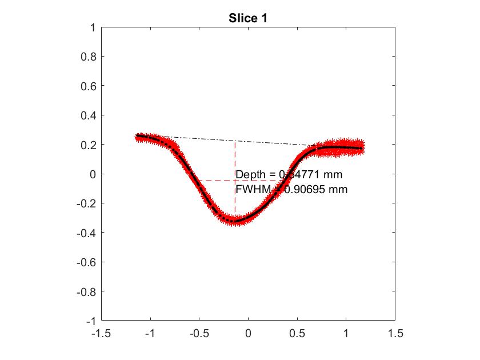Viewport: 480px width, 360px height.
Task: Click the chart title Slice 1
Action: (x=248, y=18)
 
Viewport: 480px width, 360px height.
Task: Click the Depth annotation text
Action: (x=289, y=174)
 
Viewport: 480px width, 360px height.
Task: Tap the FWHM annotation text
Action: (x=291, y=189)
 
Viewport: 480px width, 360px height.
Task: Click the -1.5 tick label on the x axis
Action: (x=102, y=333)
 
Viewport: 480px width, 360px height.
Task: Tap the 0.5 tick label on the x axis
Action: (x=297, y=333)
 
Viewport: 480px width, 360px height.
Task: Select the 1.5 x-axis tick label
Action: (x=394, y=333)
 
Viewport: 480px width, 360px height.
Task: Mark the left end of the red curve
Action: (x=138, y=137)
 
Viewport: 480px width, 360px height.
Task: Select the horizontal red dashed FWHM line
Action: (x=217, y=181)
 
